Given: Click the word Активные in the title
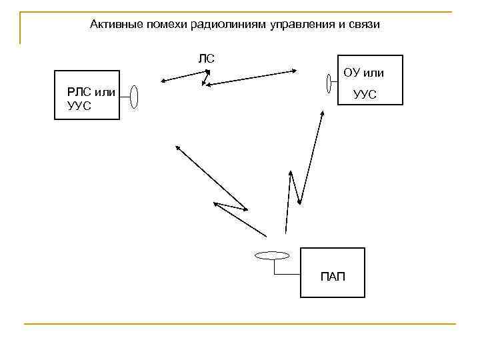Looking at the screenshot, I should pyautogui.click(x=114, y=25).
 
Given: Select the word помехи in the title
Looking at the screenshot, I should pyautogui.click(x=164, y=25).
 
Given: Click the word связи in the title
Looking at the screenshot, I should pyautogui.click(x=364, y=25).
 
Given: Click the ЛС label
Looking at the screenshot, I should pyautogui.click(x=206, y=58).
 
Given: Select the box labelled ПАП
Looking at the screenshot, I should pyautogui.click(x=333, y=272).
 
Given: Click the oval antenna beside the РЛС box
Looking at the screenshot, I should pyautogui.click(x=134, y=97).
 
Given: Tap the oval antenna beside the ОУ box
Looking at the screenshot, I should pyautogui.click(x=328, y=83).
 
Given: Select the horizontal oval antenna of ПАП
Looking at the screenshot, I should pyautogui.click(x=272, y=255).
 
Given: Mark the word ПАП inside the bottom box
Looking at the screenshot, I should pyautogui.click(x=333, y=277).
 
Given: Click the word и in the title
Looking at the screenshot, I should pyautogui.click(x=341, y=25).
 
